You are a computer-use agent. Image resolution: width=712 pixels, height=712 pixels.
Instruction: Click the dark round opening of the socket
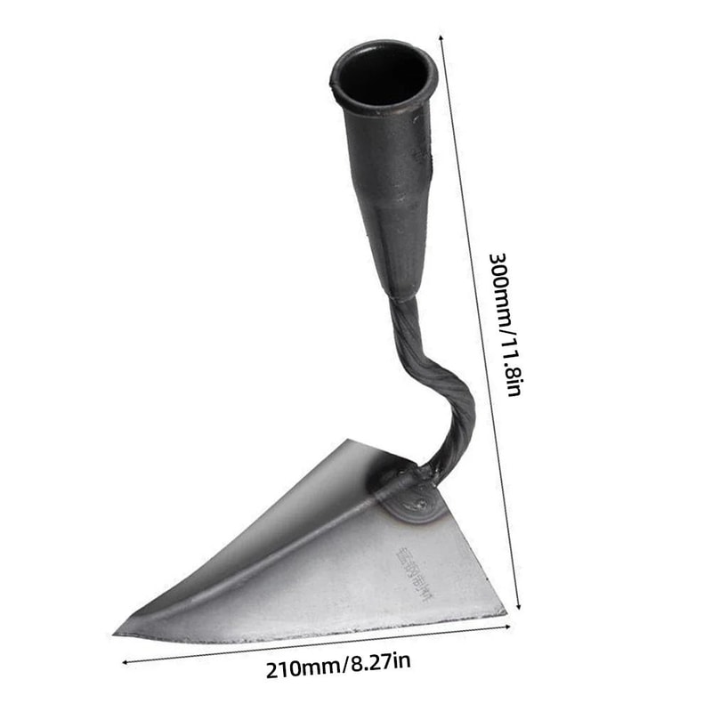pyautogui.click(x=383, y=71)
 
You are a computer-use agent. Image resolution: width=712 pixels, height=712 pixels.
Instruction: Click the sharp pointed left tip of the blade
pyautogui.click(x=117, y=633)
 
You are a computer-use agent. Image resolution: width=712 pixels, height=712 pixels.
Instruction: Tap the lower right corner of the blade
pyautogui.click(x=505, y=611)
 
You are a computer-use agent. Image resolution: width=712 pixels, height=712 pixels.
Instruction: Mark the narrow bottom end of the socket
pyautogui.click(x=402, y=289)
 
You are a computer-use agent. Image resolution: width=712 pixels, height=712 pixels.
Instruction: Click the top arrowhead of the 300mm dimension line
pyautogui.click(x=441, y=36)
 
